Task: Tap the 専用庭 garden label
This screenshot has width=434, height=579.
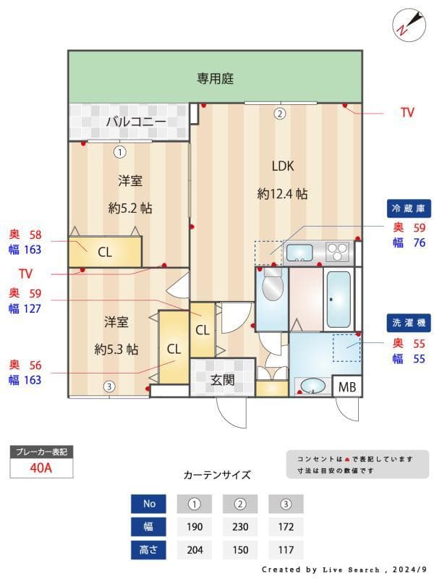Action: pos(216,78)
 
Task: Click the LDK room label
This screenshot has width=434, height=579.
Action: pos(282,166)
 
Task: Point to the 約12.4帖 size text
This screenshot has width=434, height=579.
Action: pos(282,194)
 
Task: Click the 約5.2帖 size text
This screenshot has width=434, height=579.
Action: pos(130,208)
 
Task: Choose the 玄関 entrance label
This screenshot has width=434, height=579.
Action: pos(222,379)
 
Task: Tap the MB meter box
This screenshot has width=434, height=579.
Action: pos(347,387)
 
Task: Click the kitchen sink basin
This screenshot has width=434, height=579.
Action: pos(299,253)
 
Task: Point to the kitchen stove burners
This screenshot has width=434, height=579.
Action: pos(337,253)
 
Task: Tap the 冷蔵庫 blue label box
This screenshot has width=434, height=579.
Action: pos(410,208)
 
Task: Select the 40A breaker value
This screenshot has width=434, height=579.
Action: pos(41,468)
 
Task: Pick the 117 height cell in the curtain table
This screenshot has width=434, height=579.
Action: pos(286,549)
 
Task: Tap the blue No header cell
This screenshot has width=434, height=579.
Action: pos(149,503)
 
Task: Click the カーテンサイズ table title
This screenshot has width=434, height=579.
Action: pos(217,476)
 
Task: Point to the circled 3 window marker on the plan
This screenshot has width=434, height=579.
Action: pos(108,386)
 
